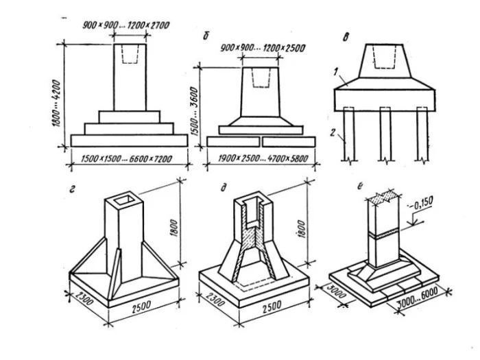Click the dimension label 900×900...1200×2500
[263, 49]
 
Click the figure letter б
[206, 35]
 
